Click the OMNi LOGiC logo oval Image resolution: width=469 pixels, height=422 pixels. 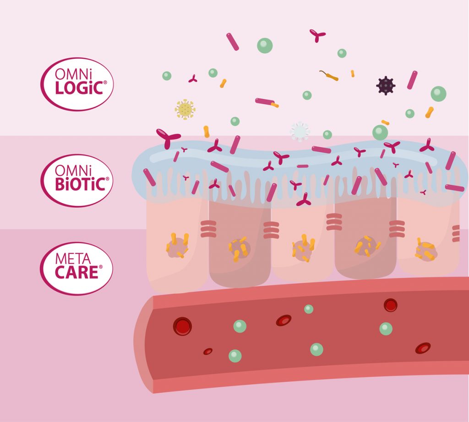(x=77, y=84)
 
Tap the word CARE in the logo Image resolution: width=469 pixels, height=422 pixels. (x=76, y=272)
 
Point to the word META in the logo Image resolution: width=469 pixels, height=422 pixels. (x=72, y=259)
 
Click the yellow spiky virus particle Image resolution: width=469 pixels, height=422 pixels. (x=185, y=109)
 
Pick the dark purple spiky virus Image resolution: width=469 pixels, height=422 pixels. (x=385, y=85)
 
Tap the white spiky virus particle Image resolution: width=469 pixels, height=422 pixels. (x=300, y=131)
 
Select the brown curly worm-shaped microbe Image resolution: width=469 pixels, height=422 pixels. (x=328, y=76)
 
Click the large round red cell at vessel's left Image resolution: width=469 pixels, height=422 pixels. (x=182, y=326)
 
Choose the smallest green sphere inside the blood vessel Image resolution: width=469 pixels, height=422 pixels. (x=309, y=309)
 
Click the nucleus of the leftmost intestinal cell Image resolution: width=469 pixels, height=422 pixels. (x=177, y=246)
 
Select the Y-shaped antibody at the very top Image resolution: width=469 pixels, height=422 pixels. (x=317, y=35)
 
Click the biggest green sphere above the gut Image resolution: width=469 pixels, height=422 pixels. (x=265, y=45)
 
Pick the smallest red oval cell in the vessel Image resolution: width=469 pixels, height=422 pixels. (x=208, y=351)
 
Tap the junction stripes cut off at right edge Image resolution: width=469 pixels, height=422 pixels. (x=456, y=233)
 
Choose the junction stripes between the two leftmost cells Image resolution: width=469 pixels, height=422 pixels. (x=208, y=229)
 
